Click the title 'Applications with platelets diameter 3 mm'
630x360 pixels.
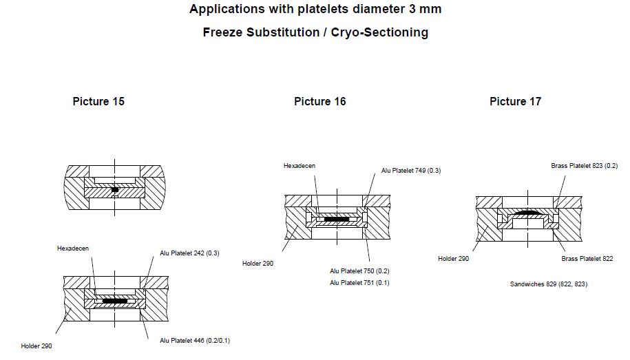click(315, 10)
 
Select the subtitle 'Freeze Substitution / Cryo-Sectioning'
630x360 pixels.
click(315, 32)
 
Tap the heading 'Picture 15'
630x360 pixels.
click(98, 102)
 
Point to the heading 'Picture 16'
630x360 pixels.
click(319, 102)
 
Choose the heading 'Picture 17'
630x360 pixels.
click(515, 102)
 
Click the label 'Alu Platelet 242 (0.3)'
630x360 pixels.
click(190, 253)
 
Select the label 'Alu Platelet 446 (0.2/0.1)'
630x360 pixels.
click(194, 341)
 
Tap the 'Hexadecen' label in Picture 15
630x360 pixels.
click(73, 248)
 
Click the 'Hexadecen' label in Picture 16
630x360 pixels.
click(300, 166)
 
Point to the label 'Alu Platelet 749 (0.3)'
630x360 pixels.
click(411, 171)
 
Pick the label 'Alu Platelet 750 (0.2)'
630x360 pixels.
click(359, 271)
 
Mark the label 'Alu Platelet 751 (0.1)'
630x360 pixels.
click(359, 283)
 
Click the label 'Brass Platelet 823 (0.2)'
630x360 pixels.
click(584, 166)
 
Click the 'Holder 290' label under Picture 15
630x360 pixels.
click(36, 346)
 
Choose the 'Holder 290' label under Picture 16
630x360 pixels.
click(258, 264)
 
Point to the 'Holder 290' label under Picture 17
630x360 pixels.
click(453, 259)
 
